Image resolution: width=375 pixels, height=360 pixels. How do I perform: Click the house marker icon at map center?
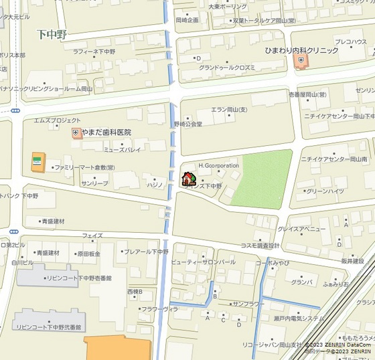click(189, 179)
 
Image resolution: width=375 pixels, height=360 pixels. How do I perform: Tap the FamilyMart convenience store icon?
click(37, 161)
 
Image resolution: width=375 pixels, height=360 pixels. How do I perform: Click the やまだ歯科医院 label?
click(106, 132)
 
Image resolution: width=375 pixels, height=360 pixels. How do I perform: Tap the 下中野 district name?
click(54, 33)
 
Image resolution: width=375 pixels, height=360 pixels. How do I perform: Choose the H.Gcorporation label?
click(218, 165)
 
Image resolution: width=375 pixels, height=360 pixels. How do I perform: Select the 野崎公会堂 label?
click(188, 124)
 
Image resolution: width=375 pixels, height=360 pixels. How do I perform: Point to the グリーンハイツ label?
click(324, 191)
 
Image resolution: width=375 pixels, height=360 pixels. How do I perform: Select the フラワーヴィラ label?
click(159, 309)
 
